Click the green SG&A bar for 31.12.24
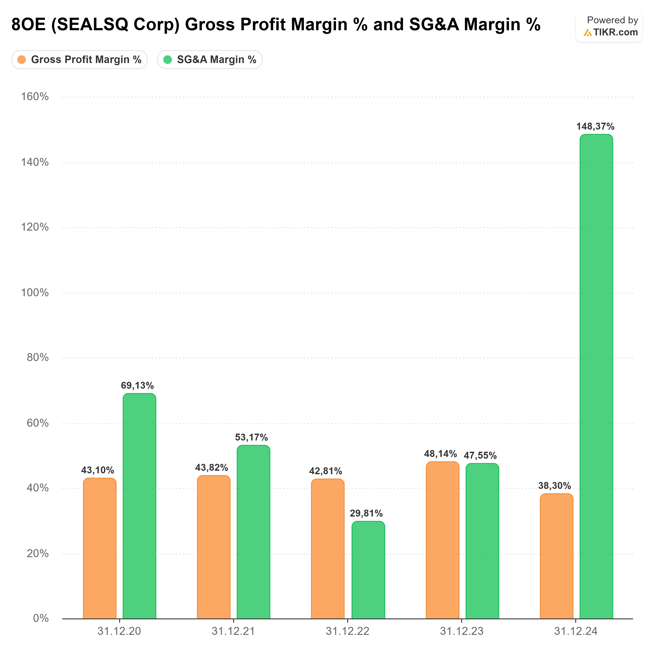(x=596, y=377)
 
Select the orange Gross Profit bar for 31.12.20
(x=100, y=548)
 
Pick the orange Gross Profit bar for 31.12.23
(x=442, y=540)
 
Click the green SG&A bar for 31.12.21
(x=253, y=532)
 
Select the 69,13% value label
(x=137, y=385)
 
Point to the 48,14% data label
(x=440, y=454)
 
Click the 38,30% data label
(x=554, y=486)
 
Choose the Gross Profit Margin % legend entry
(x=79, y=59)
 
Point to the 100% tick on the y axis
(x=35, y=293)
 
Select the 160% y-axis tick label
(x=35, y=97)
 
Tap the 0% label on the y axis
(x=41, y=618)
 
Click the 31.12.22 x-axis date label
(x=347, y=631)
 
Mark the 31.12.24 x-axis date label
(x=576, y=631)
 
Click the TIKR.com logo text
(x=615, y=32)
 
